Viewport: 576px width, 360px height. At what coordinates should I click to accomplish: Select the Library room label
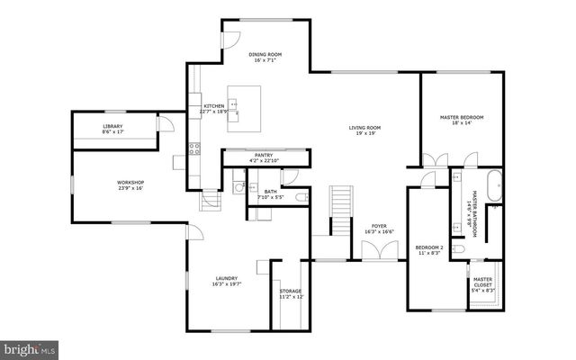coord(112,126)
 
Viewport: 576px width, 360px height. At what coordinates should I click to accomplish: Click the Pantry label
coord(264,156)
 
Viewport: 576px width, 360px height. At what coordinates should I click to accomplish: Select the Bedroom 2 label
coord(429,247)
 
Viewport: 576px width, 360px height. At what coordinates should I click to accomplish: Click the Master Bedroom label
coord(462,118)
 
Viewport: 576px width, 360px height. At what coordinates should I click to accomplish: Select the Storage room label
coord(290,291)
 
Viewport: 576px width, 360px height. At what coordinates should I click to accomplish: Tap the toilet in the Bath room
coord(302,195)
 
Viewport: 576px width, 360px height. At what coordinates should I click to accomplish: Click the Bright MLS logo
coord(29,347)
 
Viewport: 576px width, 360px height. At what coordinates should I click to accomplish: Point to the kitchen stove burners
coord(193,149)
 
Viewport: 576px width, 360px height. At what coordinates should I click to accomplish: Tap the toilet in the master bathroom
coord(458,248)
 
